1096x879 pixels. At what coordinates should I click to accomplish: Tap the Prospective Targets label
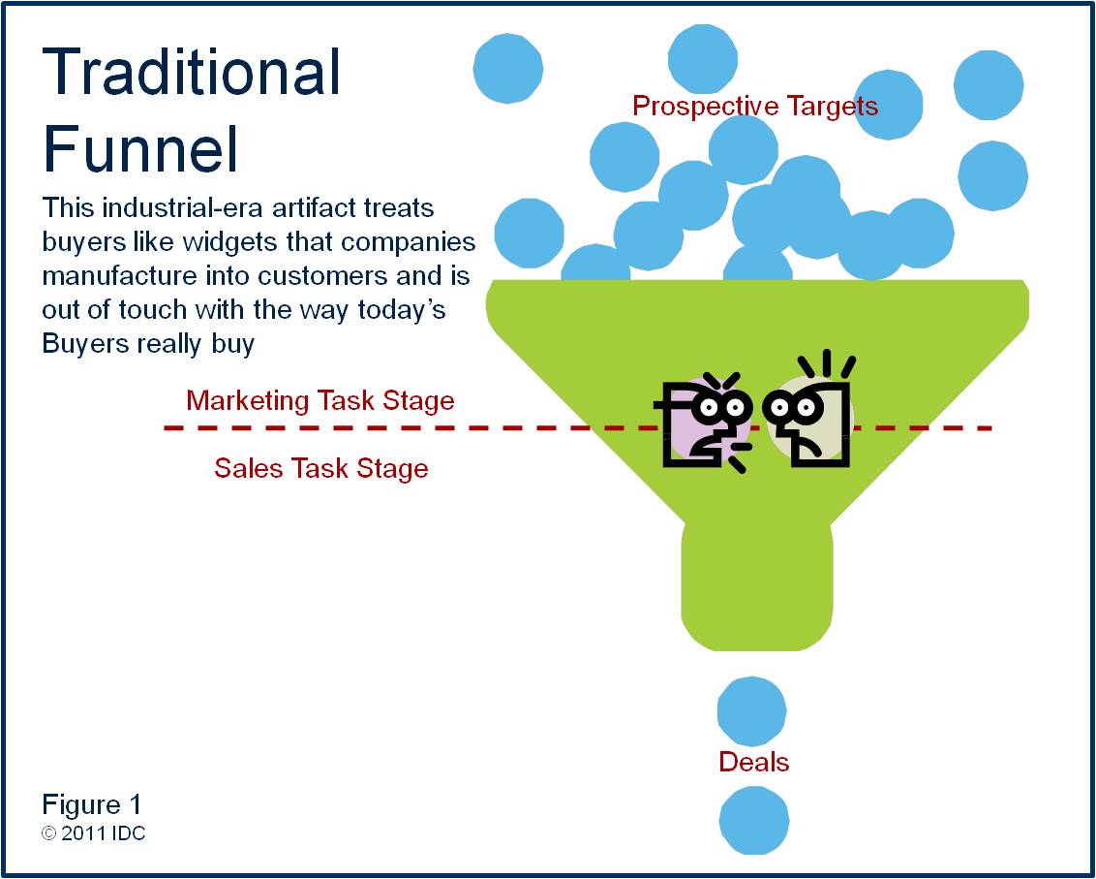click(x=755, y=106)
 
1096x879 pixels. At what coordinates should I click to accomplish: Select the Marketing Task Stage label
click(x=320, y=400)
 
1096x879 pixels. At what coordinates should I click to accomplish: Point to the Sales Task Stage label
click(x=321, y=469)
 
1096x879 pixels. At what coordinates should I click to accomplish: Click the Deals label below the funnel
click(x=753, y=762)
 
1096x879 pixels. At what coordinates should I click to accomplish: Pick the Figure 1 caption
click(x=92, y=804)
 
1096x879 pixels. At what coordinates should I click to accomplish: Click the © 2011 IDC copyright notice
click(x=94, y=833)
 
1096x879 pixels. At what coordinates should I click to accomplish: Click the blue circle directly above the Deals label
click(x=751, y=711)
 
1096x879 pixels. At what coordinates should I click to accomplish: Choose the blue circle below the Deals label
click(x=754, y=820)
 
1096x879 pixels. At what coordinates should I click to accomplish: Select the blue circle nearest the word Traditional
click(x=507, y=68)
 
